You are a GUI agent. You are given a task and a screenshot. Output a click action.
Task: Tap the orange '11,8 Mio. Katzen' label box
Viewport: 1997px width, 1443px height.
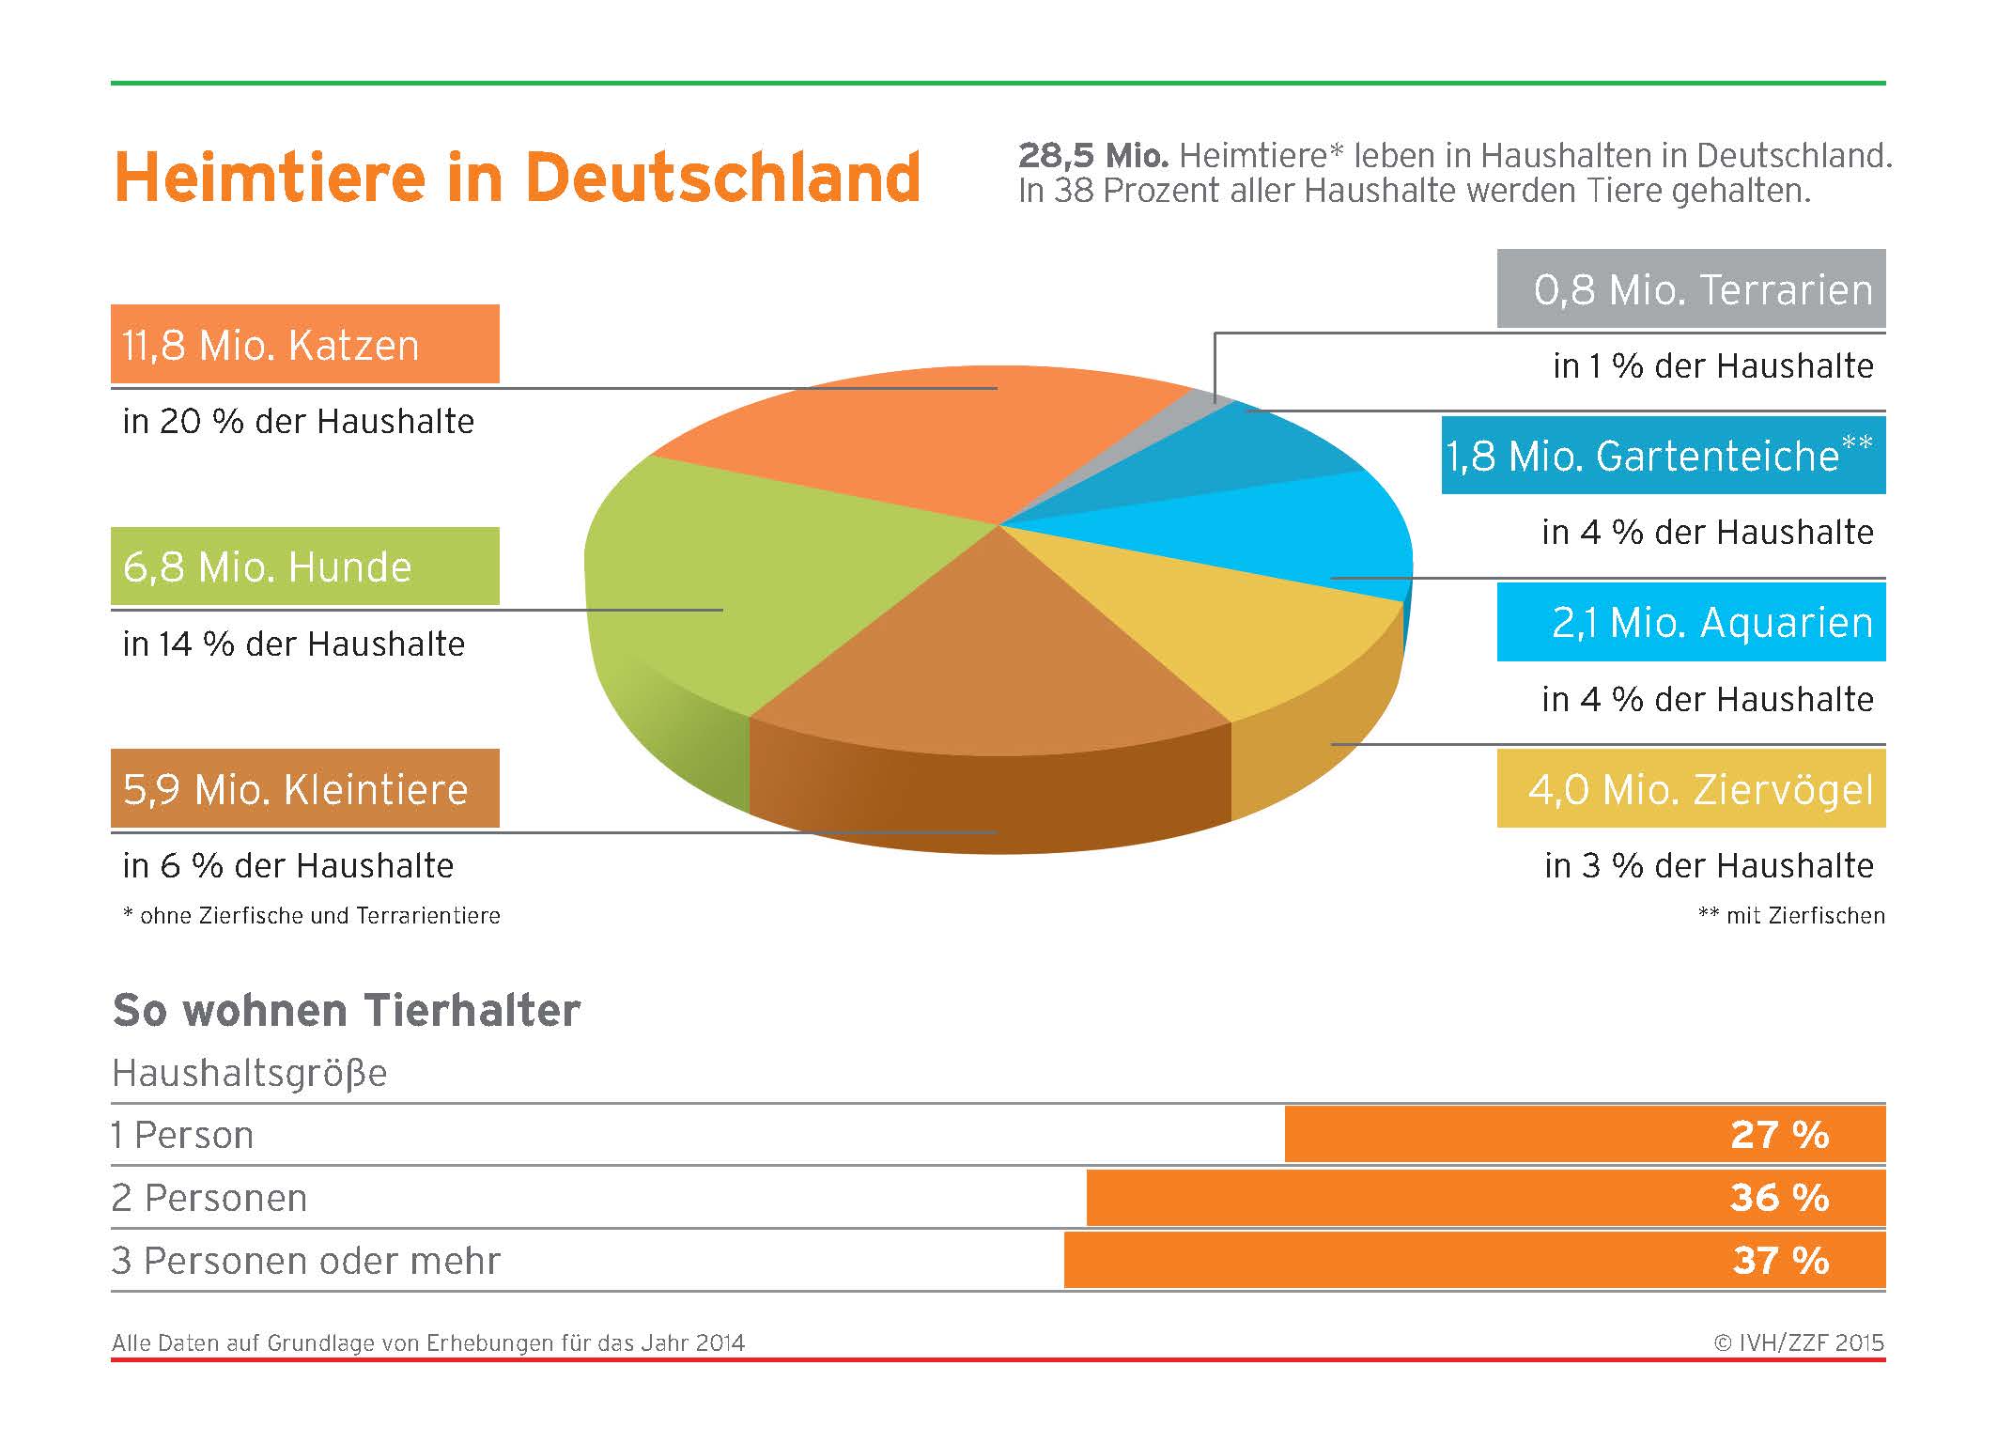(x=304, y=344)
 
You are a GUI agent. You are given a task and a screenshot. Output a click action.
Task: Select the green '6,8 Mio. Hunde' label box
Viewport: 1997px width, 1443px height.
(x=304, y=566)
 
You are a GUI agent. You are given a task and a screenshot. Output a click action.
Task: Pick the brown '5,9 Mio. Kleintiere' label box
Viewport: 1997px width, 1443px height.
(x=304, y=788)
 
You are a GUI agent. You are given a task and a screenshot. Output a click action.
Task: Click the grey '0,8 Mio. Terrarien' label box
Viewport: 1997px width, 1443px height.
(x=1691, y=288)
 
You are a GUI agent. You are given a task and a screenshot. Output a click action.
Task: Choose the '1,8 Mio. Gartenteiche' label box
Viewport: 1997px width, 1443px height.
(x=1663, y=456)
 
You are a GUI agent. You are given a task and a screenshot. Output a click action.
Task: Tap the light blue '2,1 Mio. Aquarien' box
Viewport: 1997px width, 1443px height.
(x=1691, y=622)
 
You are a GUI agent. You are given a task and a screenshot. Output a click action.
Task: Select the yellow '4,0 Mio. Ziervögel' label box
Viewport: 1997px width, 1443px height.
(x=1691, y=788)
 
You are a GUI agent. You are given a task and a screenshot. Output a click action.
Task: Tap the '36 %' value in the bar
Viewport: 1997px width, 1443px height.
(x=1780, y=1198)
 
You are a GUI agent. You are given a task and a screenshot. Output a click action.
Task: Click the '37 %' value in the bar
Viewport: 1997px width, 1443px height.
(x=1780, y=1261)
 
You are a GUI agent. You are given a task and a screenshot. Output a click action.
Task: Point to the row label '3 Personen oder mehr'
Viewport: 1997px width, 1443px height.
(x=306, y=1261)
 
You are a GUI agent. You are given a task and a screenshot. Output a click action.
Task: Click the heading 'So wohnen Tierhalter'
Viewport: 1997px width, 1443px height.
(x=347, y=1011)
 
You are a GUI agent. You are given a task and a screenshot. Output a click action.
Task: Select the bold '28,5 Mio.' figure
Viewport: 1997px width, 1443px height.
(x=1093, y=156)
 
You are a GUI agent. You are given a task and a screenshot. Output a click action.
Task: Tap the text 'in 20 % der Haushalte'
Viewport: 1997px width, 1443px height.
(x=298, y=422)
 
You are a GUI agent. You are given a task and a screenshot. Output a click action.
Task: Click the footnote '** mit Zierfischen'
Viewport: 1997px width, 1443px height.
(x=1791, y=916)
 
